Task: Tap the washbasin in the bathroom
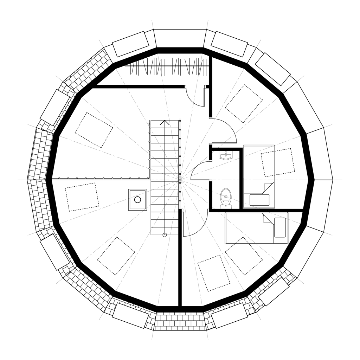coord(225,155)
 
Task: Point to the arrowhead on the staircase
coord(165,123)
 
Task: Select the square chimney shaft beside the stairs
coord(137,200)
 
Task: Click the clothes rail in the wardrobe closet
coord(165,66)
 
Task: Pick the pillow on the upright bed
coord(259,200)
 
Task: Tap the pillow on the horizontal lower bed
coord(279,227)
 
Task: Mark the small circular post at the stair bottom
coord(165,234)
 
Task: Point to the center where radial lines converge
coord(180,180)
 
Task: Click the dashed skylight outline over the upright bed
coord(278,162)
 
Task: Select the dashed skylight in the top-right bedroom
coord(244,103)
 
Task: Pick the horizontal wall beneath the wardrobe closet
coord(139,86)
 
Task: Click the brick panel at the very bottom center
coord(180,321)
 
